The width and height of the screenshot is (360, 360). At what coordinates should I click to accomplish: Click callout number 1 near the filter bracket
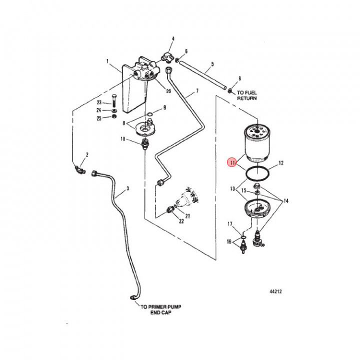(x=107, y=61)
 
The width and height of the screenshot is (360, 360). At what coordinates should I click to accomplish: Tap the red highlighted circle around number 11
(x=231, y=162)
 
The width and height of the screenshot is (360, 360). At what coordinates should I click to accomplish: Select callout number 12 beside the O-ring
(x=281, y=162)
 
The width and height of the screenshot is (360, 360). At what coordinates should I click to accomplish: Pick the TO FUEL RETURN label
(x=247, y=95)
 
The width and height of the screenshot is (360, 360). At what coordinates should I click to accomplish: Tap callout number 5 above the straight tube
(x=212, y=64)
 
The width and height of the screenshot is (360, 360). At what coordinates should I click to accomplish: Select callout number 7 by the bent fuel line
(x=197, y=91)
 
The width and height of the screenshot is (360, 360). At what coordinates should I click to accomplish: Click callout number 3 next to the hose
(x=127, y=188)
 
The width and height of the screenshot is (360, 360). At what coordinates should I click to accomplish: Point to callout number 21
(x=188, y=216)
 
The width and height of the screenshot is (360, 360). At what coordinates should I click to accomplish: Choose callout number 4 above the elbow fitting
(x=173, y=38)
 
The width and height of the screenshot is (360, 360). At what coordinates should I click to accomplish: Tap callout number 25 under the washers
(x=99, y=118)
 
